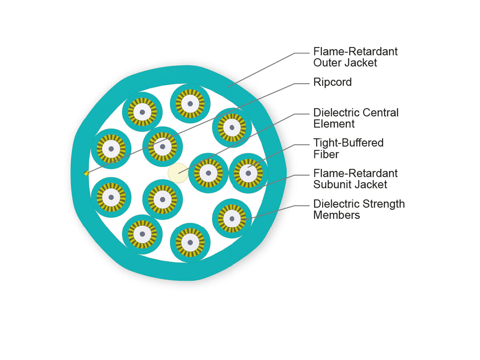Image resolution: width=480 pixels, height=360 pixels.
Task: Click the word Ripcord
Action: [332, 82]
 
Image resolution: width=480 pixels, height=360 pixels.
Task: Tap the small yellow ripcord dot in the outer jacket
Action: [86, 173]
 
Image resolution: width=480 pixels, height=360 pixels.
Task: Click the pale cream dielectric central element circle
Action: [178, 173]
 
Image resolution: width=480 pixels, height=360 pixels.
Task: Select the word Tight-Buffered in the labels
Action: [348, 143]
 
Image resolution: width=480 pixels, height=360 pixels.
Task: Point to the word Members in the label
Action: [336, 215]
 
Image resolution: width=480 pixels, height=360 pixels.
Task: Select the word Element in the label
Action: [334, 124]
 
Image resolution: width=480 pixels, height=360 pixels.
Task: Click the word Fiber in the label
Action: [326, 154]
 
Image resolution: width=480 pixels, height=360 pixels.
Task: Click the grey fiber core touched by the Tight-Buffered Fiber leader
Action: [248, 173]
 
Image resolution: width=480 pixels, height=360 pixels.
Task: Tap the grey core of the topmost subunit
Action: [190, 104]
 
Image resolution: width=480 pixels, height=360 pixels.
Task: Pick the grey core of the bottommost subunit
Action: [190, 242]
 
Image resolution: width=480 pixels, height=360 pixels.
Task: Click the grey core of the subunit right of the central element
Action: [208, 173]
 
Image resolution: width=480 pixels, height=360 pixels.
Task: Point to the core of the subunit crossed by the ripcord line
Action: [162, 147]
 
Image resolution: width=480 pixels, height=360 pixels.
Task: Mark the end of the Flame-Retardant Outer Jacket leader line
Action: [228, 88]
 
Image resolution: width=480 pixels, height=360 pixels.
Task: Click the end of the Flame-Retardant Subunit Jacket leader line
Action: [256, 189]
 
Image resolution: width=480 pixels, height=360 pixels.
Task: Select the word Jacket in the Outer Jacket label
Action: [361, 63]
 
